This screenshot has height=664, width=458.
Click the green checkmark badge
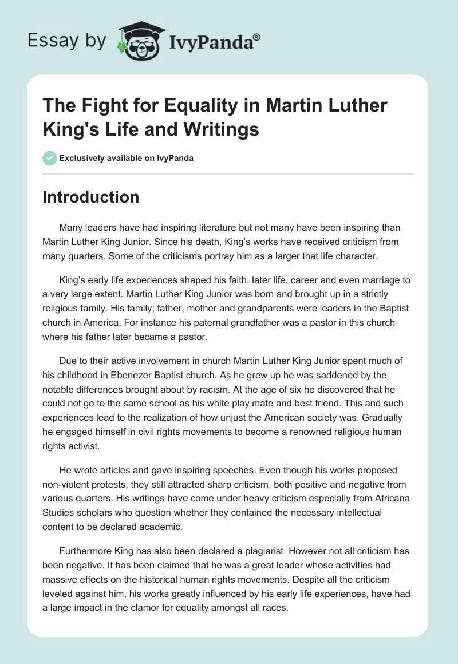(49, 158)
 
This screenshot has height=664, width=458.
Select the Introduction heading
(91, 197)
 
